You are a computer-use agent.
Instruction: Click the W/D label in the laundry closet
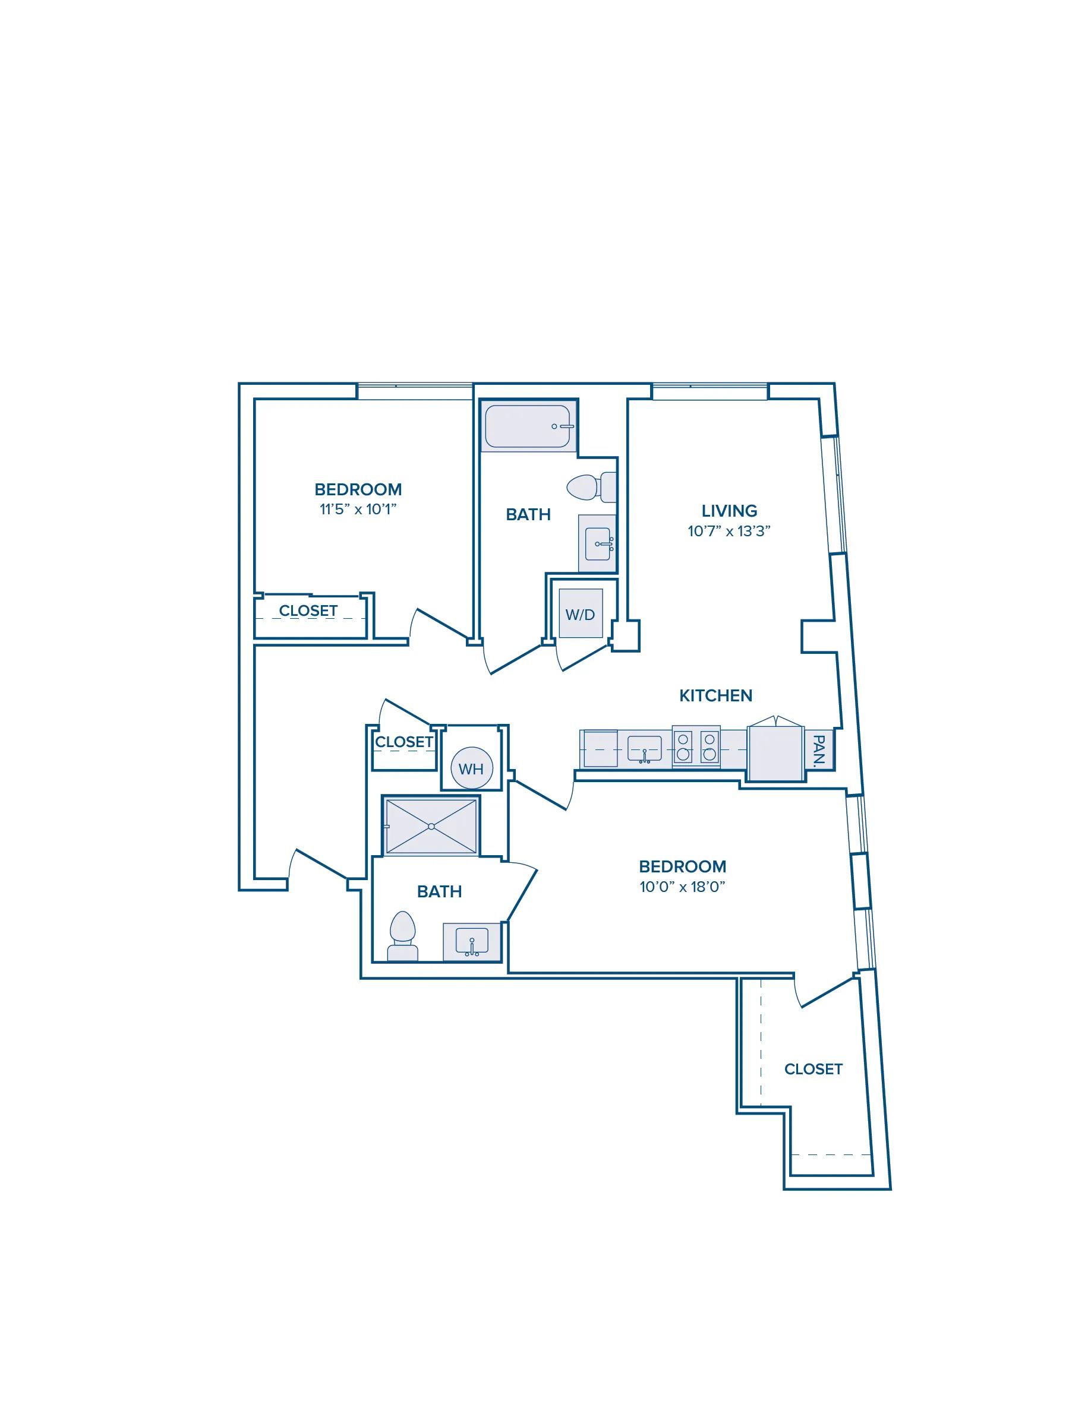click(580, 615)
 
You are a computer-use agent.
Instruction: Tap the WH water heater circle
click(471, 768)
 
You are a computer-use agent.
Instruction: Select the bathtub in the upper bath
click(528, 426)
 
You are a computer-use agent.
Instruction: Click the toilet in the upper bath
click(591, 487)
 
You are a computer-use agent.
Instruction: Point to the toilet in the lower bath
click(402, 935)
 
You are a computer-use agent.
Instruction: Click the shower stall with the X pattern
click(431, 826)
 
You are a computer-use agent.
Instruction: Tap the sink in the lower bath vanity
click(472, 941)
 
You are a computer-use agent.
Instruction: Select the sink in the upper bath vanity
click(599, 543)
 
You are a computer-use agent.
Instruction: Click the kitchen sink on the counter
click(644, 749)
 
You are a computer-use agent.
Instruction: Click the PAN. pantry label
click(819, 750)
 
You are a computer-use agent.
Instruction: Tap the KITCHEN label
click(715, 696)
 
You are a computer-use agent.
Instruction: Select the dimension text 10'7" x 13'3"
click(729, 531)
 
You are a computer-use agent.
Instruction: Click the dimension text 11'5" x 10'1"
click(358, 509)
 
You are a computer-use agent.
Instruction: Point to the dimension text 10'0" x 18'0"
click(683, 887)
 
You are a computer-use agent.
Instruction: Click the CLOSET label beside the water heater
click(404, 742)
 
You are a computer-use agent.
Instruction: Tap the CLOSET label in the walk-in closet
click(813, 1069)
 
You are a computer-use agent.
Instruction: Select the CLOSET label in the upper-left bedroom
click(308, 610)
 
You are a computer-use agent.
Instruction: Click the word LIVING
click(729, 511)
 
